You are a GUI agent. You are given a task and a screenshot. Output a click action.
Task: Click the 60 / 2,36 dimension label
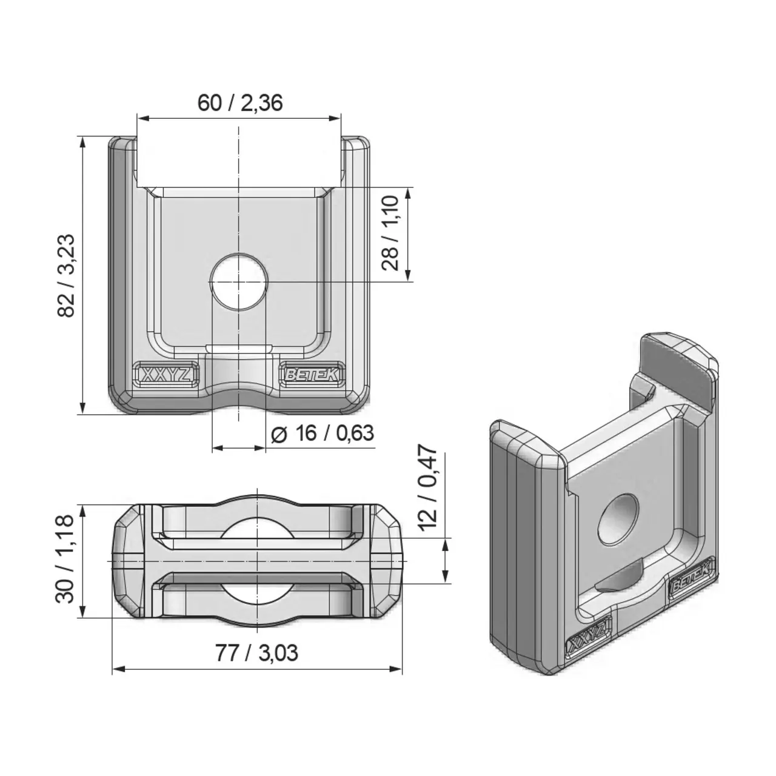coord(239,103)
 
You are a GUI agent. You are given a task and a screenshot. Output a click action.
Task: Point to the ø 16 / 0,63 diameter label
coord(323,434)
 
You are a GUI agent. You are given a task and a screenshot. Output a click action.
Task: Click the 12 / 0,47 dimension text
coord(428,487)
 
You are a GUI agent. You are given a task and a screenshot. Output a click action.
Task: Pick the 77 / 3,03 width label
coord(256,654)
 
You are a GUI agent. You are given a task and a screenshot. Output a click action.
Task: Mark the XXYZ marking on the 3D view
coord(587,638)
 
